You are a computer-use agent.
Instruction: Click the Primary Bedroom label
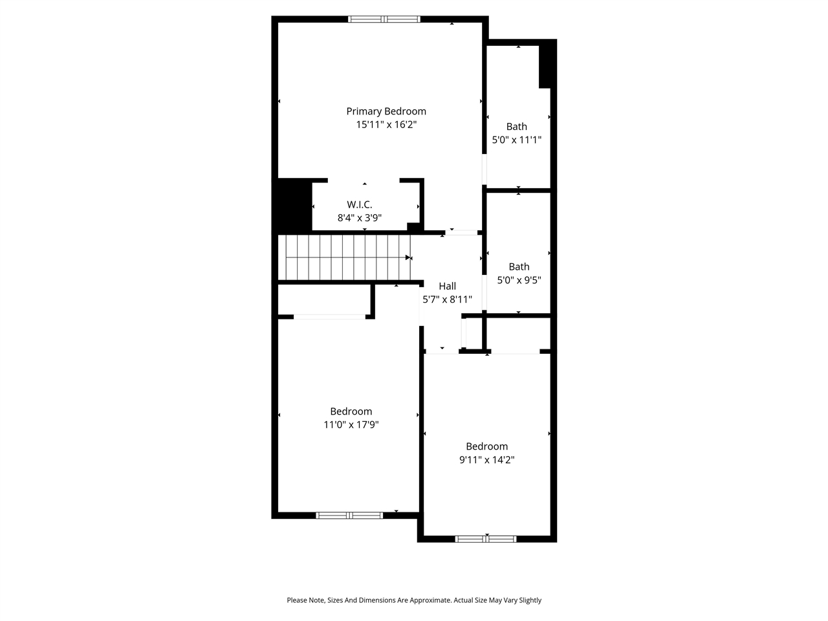(386, 111)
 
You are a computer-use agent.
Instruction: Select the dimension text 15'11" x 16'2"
(386, 125)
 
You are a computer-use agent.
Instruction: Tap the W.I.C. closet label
(360, 204)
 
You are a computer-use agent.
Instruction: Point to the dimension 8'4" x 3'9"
(360, 218)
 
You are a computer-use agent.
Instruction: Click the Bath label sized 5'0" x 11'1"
(516, 127)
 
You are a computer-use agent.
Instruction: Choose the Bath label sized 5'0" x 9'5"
(519, 267)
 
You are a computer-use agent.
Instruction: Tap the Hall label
(447, 286)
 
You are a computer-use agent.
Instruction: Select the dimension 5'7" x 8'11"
(447, 300)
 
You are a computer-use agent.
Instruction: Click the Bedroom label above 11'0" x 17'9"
(351, 411)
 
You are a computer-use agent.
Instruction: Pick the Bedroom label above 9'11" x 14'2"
(486, 446)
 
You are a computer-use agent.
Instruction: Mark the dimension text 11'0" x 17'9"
(351, 425)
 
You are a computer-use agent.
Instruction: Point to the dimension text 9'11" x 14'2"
(486, 460)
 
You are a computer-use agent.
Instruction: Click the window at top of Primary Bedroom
(384, 19)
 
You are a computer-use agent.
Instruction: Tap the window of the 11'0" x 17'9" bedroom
(349, 516)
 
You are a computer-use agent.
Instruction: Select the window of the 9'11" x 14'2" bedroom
(486, 538)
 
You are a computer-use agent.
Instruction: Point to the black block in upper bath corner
(547, 63)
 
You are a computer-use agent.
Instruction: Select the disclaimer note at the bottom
(414, 600)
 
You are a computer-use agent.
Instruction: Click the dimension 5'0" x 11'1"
(516, 140)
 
